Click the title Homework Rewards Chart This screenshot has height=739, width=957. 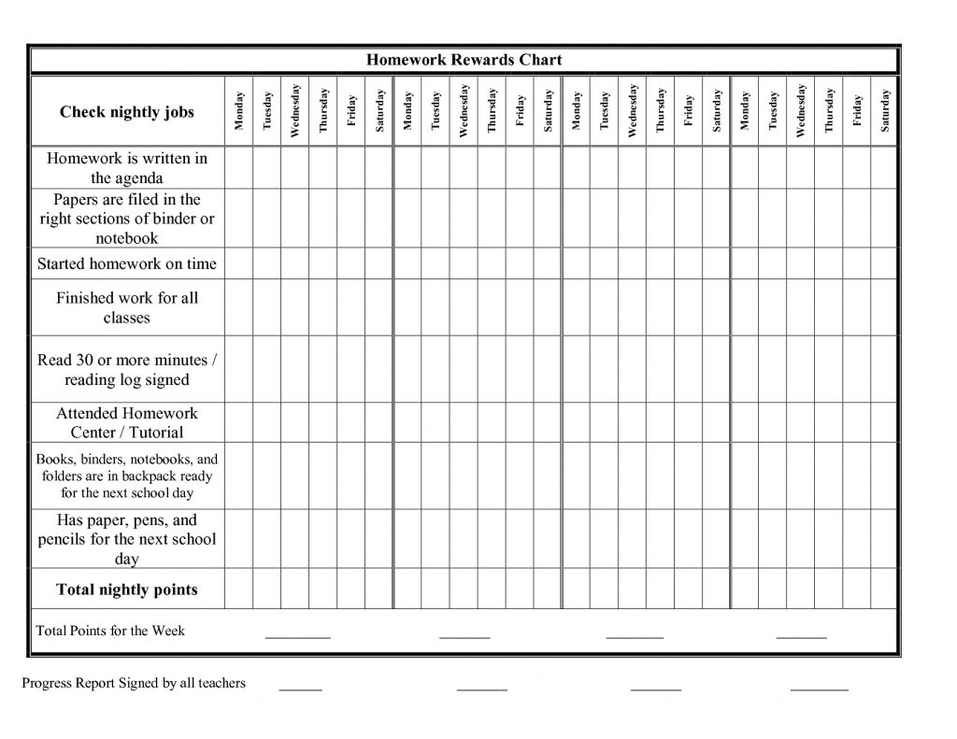tap(464, 60)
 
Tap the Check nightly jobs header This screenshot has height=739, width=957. tap(127, 112)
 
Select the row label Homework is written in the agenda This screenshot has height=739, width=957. tap(127, 168)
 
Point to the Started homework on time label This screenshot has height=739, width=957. tap(127, 263)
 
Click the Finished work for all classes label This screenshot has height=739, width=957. tap(127, 307)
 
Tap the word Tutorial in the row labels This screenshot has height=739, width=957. tap(156, 433)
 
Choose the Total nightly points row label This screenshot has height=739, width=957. tap(127, 590)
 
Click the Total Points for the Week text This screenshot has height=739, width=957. tap(110, 631)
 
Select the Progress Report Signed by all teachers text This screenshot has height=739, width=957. tap(134, 683)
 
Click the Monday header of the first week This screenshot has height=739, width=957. tap(239, 111)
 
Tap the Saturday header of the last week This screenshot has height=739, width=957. tap(885, 111)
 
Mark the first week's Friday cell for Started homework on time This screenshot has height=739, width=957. tap(351, 263)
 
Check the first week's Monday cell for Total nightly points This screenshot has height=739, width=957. tap(239, 590)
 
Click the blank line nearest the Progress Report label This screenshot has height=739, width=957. tap(300, 687)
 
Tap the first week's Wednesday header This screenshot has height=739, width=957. tap(295, 111)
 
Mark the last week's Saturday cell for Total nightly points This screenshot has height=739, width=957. tap(884, 590)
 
